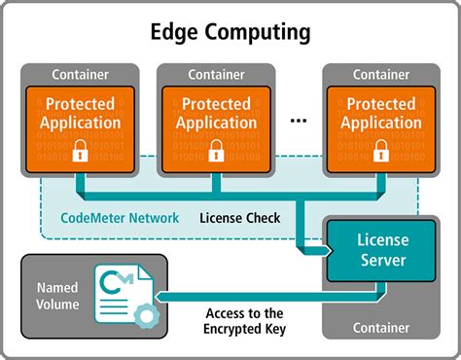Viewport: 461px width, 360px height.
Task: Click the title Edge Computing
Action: tap(230, 31)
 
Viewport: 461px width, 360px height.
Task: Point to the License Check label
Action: tap(239, 218)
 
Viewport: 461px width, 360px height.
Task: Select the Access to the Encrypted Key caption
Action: tap(244, 321)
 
